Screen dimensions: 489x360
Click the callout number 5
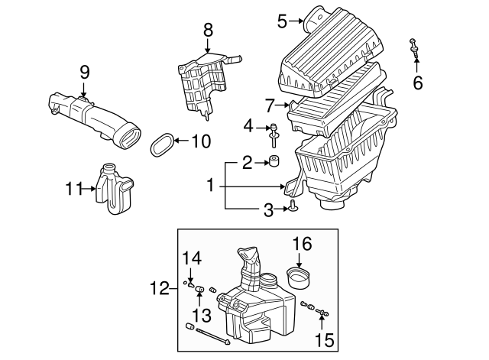pos(282,21)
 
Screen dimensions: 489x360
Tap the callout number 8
pos(208,31)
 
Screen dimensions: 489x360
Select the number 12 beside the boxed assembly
pos(160,288)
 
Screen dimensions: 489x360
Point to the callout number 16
pos(303,244)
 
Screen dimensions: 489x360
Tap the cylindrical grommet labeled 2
pos(274,161)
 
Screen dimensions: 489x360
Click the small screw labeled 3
pos(293,206)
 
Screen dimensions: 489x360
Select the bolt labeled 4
pos(274,135)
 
